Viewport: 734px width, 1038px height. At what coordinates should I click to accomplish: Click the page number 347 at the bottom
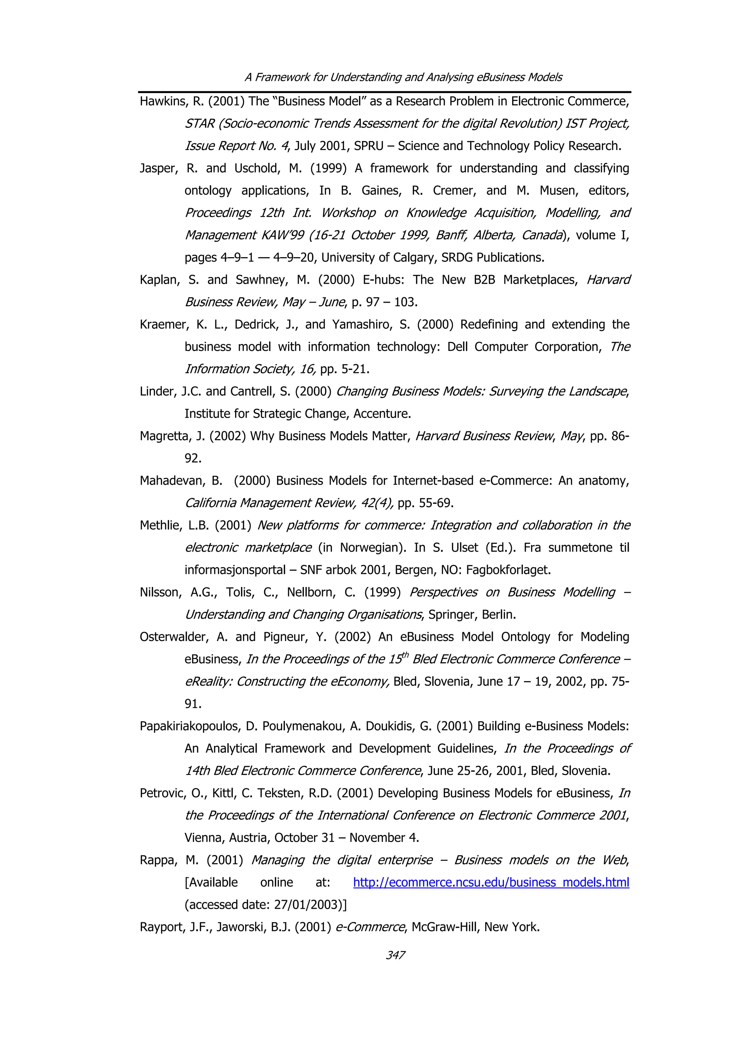pyautogui.click(x=395, y=955)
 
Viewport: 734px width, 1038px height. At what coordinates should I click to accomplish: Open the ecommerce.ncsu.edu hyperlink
pyautogui.click(x=491, y=882)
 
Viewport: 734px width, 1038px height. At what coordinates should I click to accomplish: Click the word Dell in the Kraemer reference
pyautogui.click(x=457, y=347)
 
